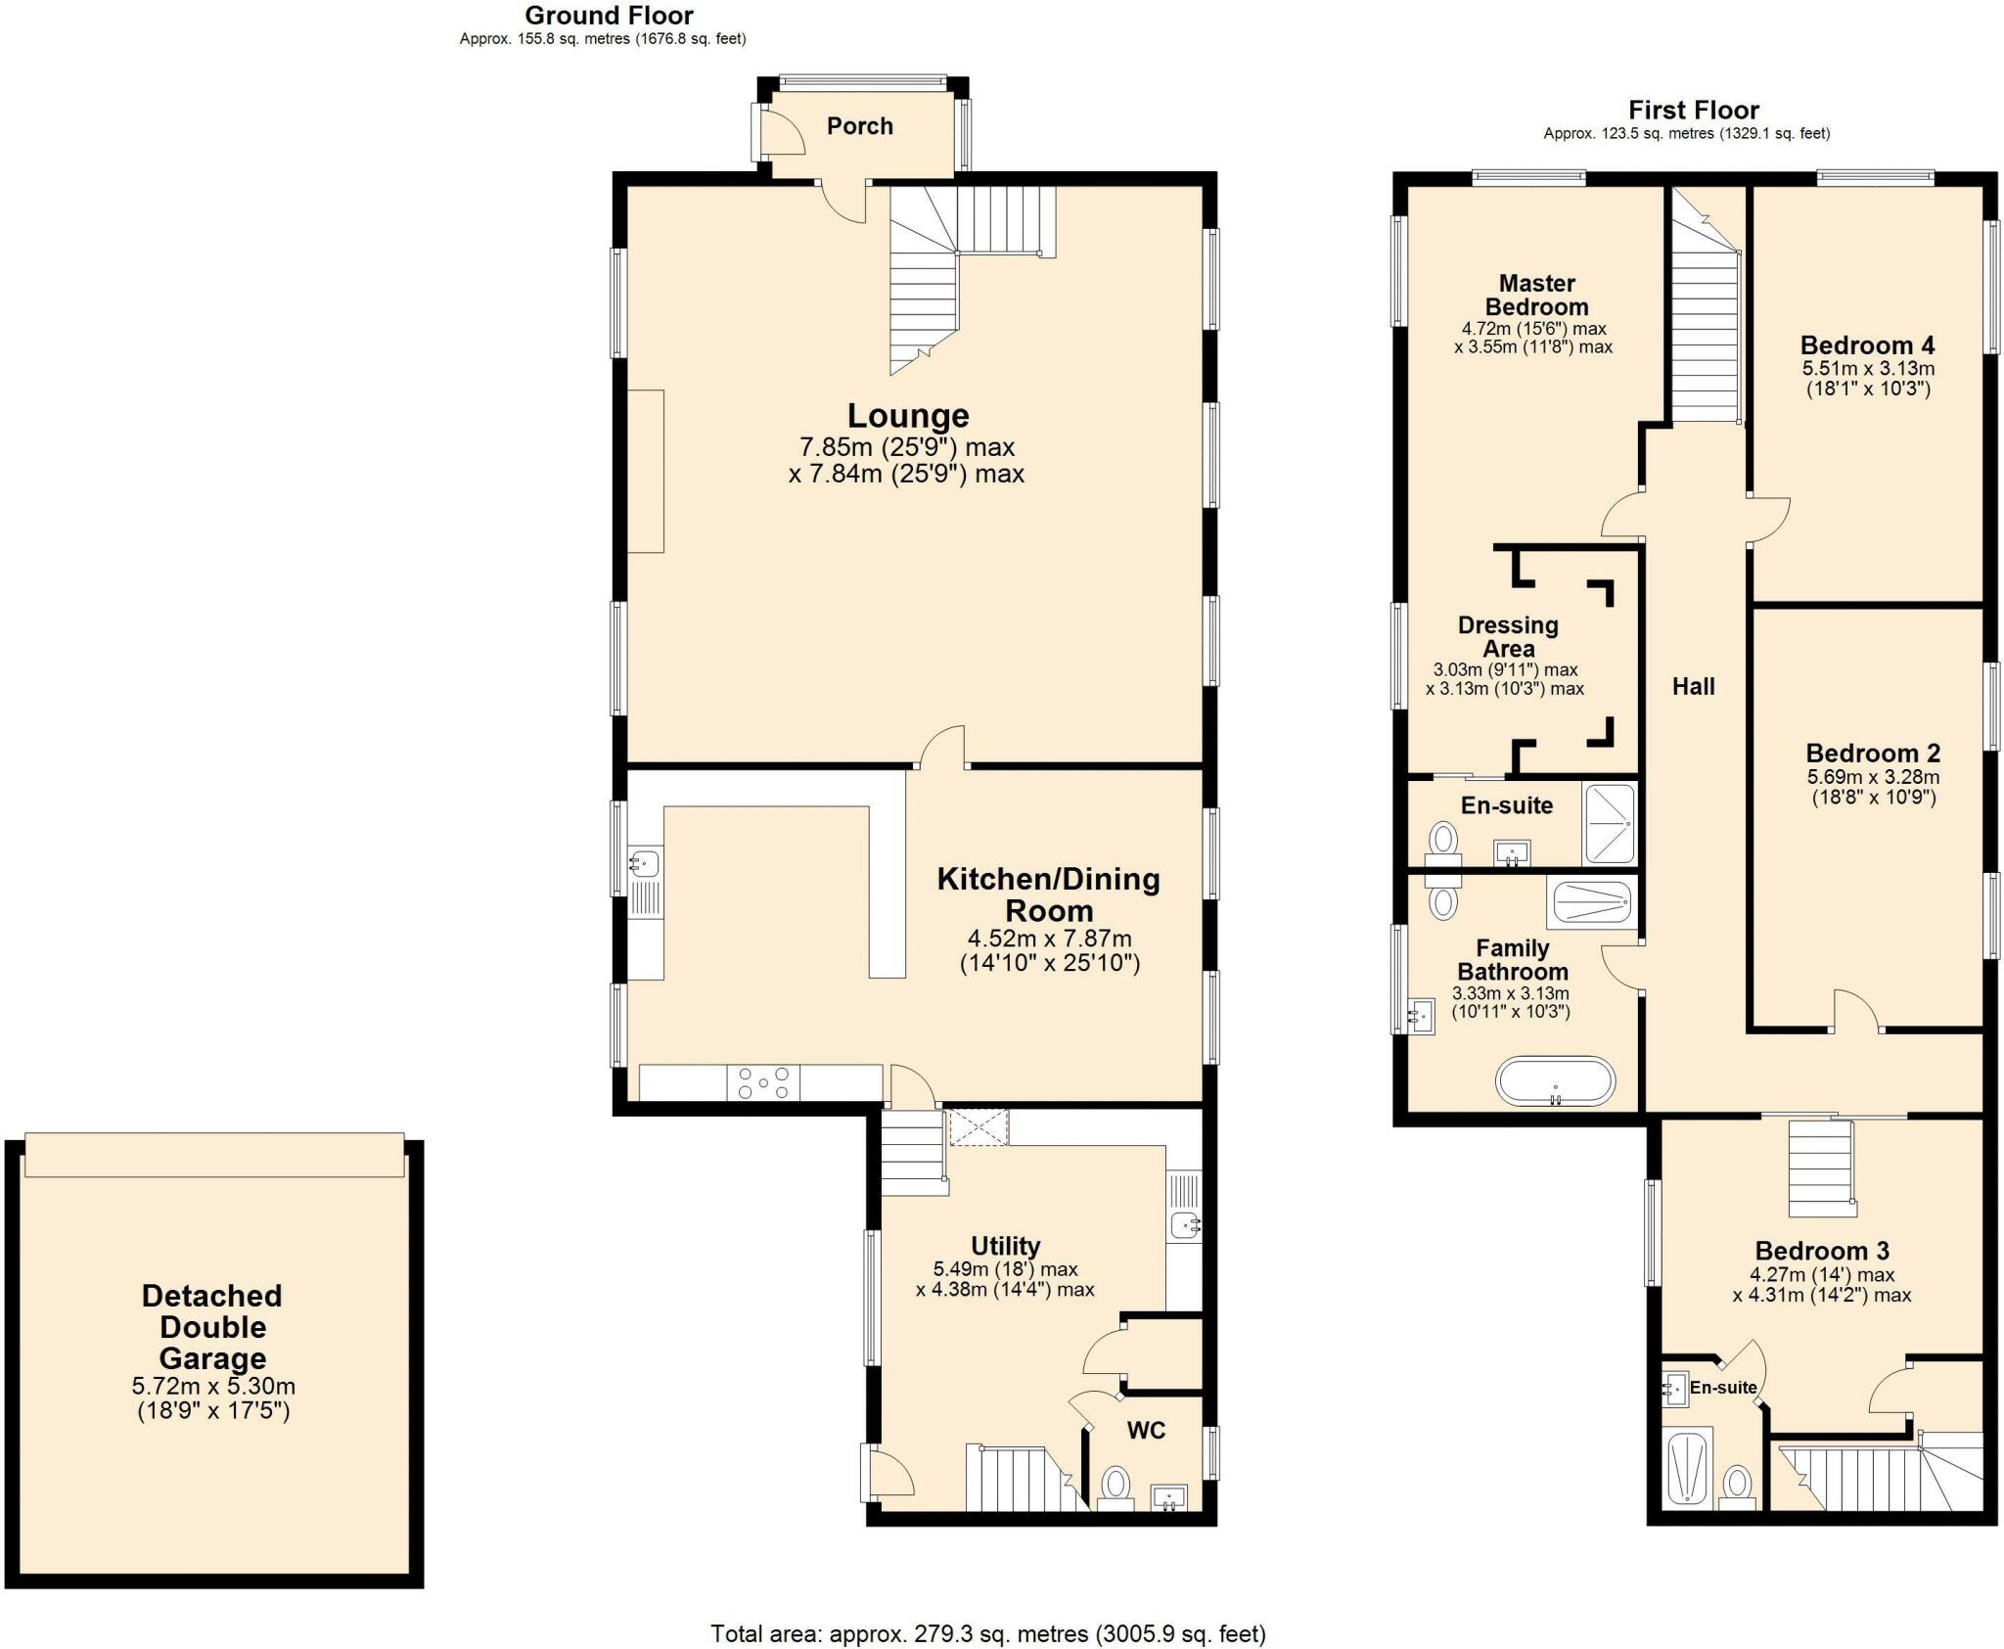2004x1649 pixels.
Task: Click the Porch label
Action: (859, 126)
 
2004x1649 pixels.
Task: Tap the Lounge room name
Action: (907, 416)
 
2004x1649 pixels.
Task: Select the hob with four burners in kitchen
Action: (763, 1082)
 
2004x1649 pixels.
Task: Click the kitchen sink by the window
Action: (645, 864)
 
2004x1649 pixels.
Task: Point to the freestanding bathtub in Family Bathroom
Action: (1555, 1081)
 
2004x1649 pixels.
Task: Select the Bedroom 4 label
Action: (1867, 345)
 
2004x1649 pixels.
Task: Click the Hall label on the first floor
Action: (1693, 687)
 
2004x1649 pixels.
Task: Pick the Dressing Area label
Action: (1508, 637)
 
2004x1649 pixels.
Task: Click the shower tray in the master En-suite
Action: (1609, 823)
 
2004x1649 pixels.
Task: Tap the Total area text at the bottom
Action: (987, 1633)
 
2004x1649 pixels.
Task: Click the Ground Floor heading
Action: (609, 16)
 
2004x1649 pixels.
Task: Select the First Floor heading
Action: (1693, 111)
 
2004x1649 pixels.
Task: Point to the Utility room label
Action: (1005, 1246)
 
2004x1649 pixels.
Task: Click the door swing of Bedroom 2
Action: (1855, 1010)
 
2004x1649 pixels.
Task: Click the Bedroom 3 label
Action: (1821, 1251)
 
